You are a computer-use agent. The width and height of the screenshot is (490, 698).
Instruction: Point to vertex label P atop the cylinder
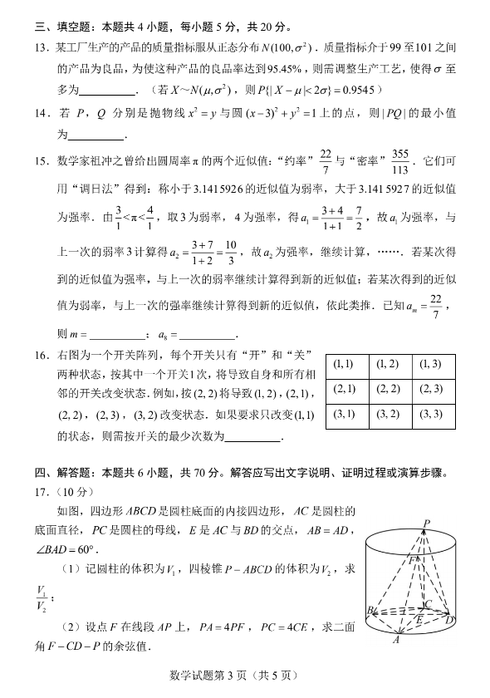point(426,523)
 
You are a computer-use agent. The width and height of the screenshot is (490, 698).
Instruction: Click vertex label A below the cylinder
point(397,640)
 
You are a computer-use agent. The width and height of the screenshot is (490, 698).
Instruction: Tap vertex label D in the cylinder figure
point(450,620)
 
